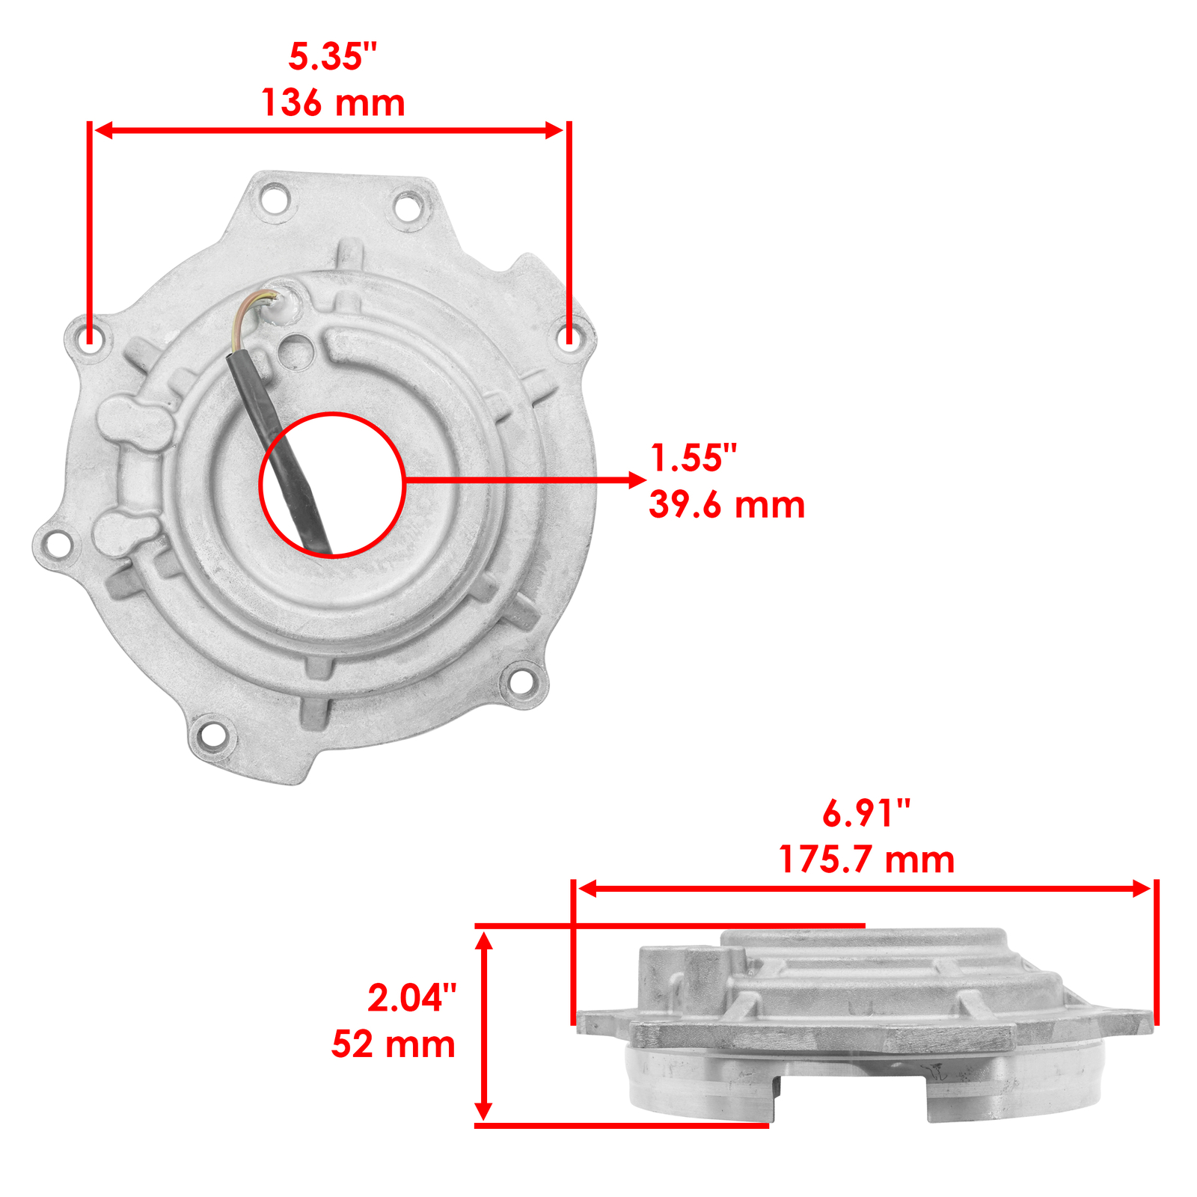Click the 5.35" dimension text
click(333, 57)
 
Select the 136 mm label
click(333, 103)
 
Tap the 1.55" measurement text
click(694, 458)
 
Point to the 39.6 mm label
click(726, 505)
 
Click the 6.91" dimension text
click(866, 813)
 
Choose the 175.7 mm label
click(866, 860)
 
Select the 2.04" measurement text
click(411, 998)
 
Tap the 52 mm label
click(394, 1044)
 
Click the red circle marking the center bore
click(332, 414)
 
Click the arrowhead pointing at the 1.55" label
click(637, 480)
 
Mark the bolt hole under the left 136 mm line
click(90, 337)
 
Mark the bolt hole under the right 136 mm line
click(569, 337)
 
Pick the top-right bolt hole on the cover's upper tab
click(408, 205)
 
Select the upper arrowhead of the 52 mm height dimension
click(484, 940)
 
